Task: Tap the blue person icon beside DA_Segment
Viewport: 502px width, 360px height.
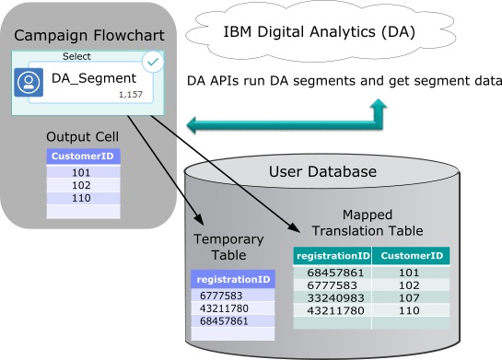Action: click(29, 82)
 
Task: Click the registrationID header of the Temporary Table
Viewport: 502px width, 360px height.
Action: click(233, 279)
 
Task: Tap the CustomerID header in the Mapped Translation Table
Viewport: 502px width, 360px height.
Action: click(412, 255)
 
